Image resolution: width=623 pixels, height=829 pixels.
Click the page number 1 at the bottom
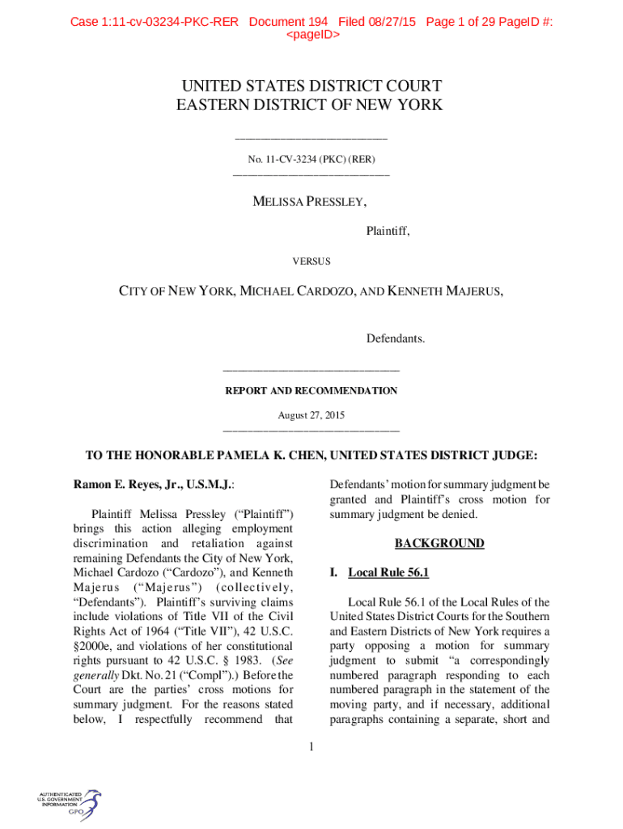(x=311, y=746)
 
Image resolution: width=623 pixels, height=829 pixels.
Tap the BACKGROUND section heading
(x=439, y=543)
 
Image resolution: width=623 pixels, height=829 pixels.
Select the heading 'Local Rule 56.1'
(x=388, y=572)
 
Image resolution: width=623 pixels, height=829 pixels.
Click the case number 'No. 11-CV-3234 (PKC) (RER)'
(x=311, y=160)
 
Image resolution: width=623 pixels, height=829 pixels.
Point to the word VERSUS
(x=311, y=261)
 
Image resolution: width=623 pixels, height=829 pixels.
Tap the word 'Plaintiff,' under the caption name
(x=388, y=232)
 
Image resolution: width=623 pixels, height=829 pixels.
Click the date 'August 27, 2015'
(x=311, y=415)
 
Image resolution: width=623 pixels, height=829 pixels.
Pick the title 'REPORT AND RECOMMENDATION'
(x=311, y=391)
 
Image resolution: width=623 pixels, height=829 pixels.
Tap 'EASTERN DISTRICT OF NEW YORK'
(x=311, y=104)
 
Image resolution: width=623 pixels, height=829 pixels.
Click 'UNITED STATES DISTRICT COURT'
(x=311, y=86)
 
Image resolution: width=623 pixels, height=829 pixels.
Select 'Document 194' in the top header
(x=288, y=22)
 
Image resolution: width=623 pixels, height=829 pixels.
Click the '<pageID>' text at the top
(x=311, y=36)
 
